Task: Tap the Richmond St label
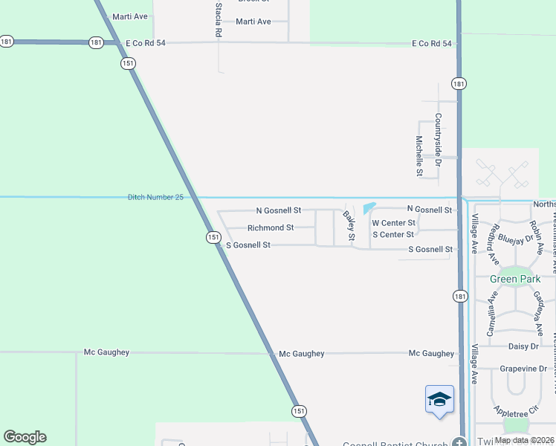(271, 227)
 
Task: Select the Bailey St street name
(349, 225)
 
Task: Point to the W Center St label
(393, 223)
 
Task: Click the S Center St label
(392, 235)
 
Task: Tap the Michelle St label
(419, 156)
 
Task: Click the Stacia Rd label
(218, 20)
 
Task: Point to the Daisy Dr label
(523, 346)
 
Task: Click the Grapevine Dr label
(522, 368)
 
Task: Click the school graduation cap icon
(439, 399)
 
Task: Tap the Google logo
(25, 437)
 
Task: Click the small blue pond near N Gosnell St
(369, 208)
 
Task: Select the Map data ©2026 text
(524, 440)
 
